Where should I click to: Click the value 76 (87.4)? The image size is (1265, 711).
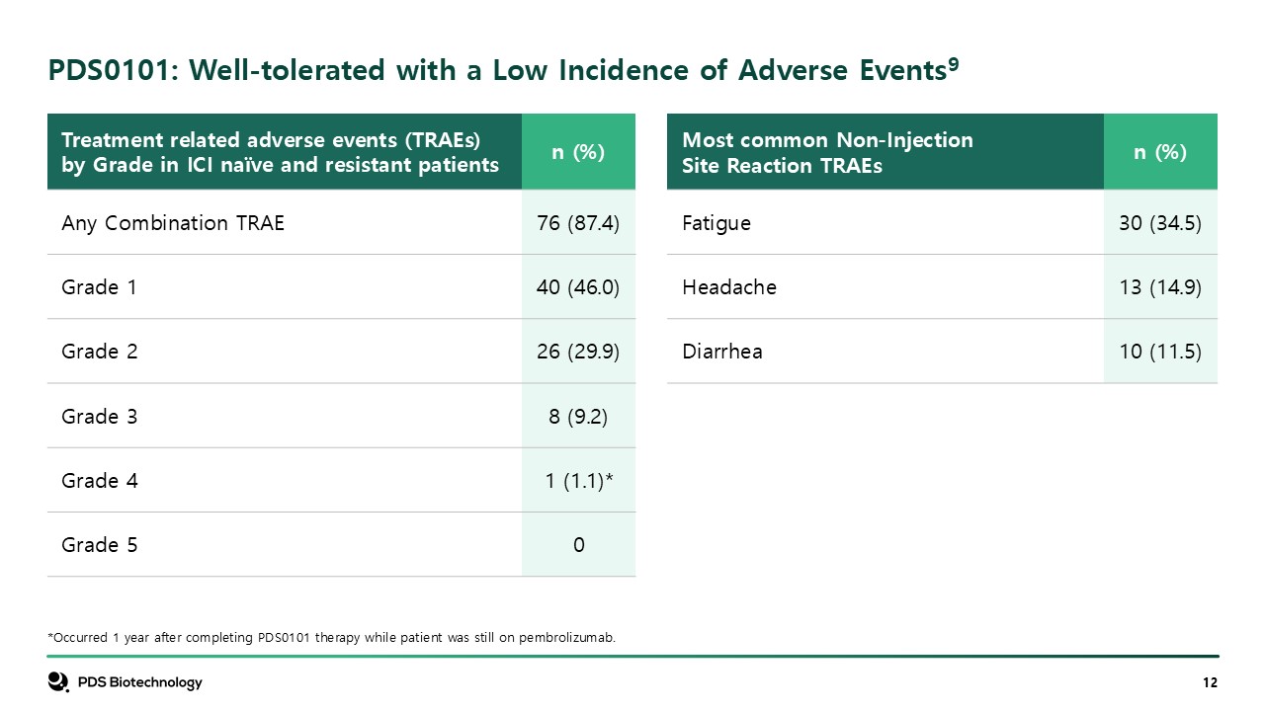click(578, 223)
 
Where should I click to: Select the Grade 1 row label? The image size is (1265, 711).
click(99, 287)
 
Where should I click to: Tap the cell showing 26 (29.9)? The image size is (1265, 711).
click(578, 352)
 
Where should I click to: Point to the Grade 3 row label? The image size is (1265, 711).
click(99, 417)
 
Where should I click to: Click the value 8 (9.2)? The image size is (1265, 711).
click(578, 417)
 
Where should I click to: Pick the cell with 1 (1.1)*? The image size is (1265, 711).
click(579, 481)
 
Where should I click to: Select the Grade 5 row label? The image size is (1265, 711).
click(99, 545)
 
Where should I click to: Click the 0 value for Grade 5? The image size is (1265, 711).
click(578, 545)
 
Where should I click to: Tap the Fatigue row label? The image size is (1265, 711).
click(717, 223)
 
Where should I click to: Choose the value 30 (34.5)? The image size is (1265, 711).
click(1160, 223)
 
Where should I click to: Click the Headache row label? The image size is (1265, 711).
click(729, 287)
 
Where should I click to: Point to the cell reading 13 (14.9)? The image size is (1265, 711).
click(1160, 287)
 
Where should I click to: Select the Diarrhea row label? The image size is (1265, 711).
click(722, 352)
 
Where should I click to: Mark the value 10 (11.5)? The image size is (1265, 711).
click(1160, 352)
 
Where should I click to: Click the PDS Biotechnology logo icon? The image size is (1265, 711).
click(58, 682)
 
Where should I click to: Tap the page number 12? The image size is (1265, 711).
click(1210, 683)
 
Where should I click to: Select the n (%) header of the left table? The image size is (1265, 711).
click(578, 152)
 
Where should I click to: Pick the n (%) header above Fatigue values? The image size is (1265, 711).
click(1160, 152)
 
